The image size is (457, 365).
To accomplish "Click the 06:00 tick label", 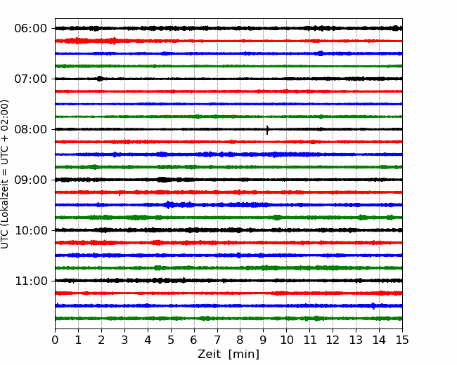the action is click(x=31, y=29).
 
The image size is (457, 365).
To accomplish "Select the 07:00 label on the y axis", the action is click(x=31, y=79).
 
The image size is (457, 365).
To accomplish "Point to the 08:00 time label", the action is click(x=31, y=130).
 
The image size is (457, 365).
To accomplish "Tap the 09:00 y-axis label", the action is click(x=31, y=180).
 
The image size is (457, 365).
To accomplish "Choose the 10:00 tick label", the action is click(x=31, y=230).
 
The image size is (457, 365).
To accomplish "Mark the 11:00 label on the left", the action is click(x=31, y=281).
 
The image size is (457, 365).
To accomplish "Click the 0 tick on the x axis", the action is click(x=55, y=340).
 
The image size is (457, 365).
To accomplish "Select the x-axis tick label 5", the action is click(x=171, y=340).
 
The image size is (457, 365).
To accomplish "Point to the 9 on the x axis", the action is click(x=264, y=340).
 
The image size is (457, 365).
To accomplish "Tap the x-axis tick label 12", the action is click(x=333, y=340).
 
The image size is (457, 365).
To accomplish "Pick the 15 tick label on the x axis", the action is click(x=402, y=340).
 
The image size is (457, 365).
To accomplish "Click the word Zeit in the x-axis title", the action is click(x=210, y=354).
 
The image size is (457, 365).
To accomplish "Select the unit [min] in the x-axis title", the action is click(x=244, y=354).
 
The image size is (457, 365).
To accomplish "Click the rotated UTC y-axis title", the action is click(x=4, y=174).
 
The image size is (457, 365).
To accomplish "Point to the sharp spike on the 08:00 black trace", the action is click(x=267, y=130).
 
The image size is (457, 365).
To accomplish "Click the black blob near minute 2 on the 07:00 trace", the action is click(x=100, y=79).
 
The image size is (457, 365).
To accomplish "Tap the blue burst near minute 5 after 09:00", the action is click(x=169, y=205).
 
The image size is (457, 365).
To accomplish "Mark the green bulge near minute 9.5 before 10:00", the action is click(x=277, y=218).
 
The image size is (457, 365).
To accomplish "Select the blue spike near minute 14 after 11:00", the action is click(x=373, y=306).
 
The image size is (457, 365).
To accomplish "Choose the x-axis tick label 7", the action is click(x=217, y=340).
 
